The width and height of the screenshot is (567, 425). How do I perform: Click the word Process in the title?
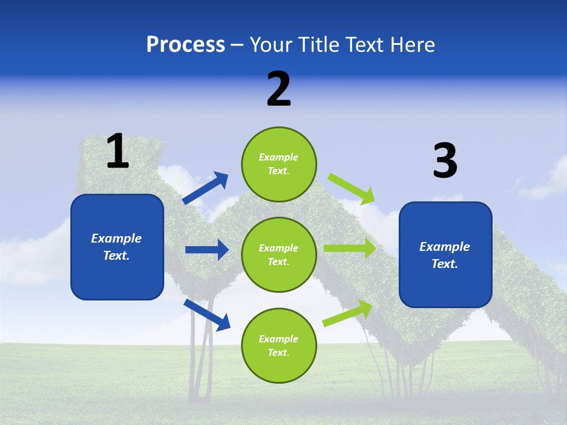[185, 44]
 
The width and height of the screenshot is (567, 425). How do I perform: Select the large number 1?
[118, 151]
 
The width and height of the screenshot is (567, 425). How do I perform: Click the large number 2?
[279, 89]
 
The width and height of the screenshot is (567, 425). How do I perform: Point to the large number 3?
[445, 161]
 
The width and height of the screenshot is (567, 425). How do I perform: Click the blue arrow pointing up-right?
[206, 188]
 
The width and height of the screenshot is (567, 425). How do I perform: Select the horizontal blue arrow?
[207, 250]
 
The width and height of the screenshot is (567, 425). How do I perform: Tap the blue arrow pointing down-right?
[207, 315]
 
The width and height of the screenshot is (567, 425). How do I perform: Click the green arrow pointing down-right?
[351, 188]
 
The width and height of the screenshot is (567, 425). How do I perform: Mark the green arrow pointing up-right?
[347, 313]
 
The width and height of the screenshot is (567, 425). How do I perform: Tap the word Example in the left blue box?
[116, 238]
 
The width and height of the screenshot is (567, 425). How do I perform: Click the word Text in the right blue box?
[444, 264]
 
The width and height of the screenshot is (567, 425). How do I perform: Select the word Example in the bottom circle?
[278, 339]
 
